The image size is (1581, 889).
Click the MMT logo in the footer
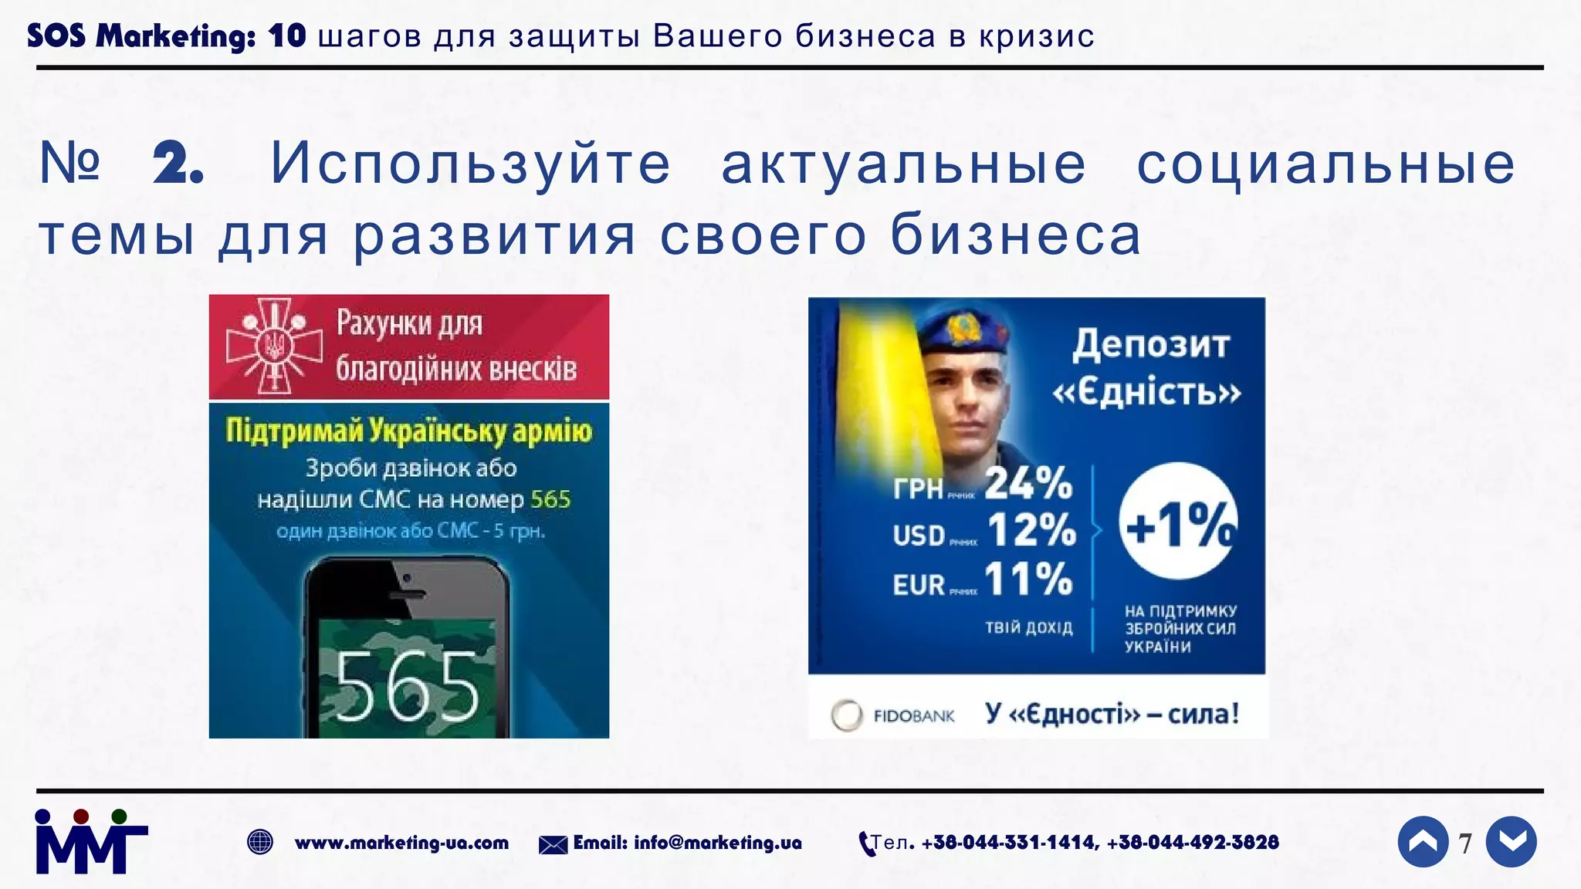click(91, 843)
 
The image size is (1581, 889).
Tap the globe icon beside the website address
click(260, 842)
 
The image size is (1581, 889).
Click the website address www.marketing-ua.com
click(401, 843)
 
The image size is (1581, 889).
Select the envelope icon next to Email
click(553, 845)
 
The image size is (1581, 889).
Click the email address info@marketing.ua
click(717, 843)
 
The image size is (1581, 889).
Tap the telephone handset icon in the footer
click(866, 843)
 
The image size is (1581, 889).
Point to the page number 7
click(1465, 843)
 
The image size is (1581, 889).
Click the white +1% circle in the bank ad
click(1178, 522)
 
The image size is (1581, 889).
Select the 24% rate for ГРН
click(1028, 484)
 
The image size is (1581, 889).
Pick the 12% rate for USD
click(1031, 531)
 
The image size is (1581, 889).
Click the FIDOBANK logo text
click(913, 716)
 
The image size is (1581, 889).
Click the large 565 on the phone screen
click(407, 685)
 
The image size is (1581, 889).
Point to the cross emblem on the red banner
click(273, 346)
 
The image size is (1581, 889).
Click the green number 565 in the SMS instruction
click(550, 499)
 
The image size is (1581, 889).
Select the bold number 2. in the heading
click(178, 164)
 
